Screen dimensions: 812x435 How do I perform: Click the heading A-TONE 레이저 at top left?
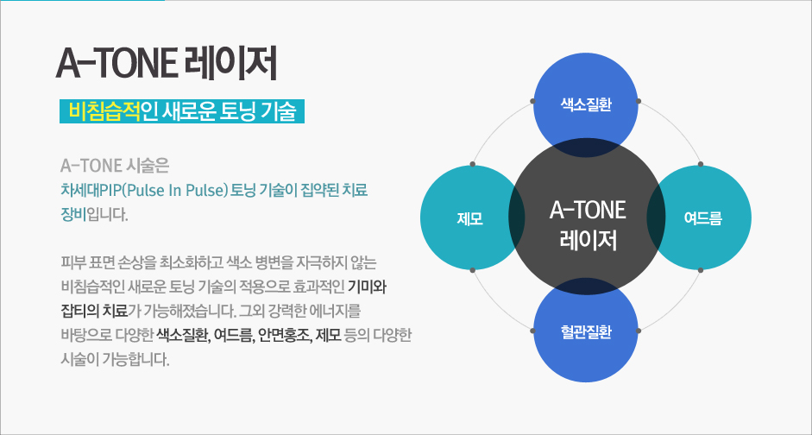(166, 64)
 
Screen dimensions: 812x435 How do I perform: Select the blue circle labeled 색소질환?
(586, 105)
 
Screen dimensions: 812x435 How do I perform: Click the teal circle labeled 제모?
(472, 217)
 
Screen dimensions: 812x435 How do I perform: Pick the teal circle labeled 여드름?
(700, 217)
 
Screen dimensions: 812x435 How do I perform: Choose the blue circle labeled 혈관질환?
(586, 330)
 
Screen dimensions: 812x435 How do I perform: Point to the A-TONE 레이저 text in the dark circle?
(588, 226)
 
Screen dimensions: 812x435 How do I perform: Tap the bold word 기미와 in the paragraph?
(368, 286)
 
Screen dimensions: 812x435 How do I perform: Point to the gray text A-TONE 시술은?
(115, 167)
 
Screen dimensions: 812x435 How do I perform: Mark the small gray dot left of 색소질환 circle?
(533, 101)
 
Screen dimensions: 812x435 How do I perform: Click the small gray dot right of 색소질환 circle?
(639, 101)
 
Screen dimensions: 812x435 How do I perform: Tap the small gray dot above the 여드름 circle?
(700, 164)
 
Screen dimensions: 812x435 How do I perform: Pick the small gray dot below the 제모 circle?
(472, 270)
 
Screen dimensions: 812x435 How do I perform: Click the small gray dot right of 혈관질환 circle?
(639, 331)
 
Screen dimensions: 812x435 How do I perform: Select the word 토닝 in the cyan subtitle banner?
(237, 111)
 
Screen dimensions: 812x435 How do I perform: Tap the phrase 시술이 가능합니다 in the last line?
(115, 359)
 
